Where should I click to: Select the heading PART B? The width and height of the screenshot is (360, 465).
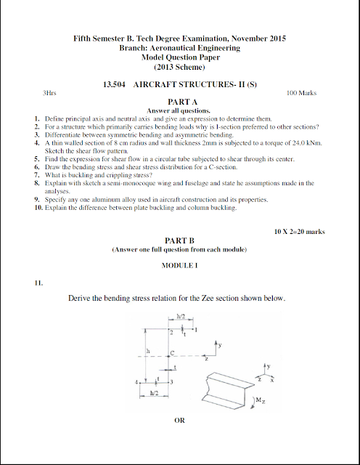179,240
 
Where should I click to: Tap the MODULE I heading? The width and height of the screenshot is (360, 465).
179,266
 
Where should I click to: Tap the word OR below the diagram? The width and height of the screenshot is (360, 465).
179,420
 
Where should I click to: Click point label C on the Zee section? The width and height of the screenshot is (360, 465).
173,353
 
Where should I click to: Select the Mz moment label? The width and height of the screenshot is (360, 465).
260,400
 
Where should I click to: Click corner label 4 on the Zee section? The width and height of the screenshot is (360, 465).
136,381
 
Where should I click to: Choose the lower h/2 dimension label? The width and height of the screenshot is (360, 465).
154,392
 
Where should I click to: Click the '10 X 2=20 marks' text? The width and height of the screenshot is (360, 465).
299,231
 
